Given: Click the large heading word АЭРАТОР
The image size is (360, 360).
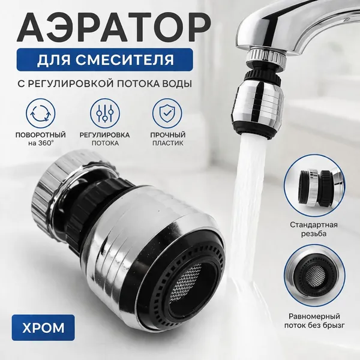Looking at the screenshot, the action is [x=114, y=28].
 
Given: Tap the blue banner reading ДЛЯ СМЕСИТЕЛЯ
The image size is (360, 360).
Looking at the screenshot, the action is [x=104, y=59].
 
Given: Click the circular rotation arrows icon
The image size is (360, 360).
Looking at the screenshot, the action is [x=40, y=113].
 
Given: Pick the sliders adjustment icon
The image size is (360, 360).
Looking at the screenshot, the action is [x=105, y=113].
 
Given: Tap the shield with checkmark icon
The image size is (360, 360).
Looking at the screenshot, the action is [x=167, y=113].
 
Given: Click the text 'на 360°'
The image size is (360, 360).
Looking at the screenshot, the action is [x=41, y=143].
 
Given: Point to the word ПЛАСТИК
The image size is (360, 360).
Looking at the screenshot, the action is [x=168, y=143].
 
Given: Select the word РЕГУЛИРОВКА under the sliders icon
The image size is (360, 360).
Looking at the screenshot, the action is [x=104, y=135].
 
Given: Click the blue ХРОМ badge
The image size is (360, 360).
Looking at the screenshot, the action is [x=43, y=328].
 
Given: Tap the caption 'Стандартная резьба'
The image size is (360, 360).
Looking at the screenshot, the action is [x=314, y=229].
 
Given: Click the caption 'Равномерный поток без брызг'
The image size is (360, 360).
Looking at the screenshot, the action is [x=314, y=321].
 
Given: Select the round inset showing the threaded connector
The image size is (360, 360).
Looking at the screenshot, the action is [x=314, y=185].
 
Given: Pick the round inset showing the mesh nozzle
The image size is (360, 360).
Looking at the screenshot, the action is [x=314, y=275].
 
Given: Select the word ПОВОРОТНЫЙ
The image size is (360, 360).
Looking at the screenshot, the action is [x=41, y=135].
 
